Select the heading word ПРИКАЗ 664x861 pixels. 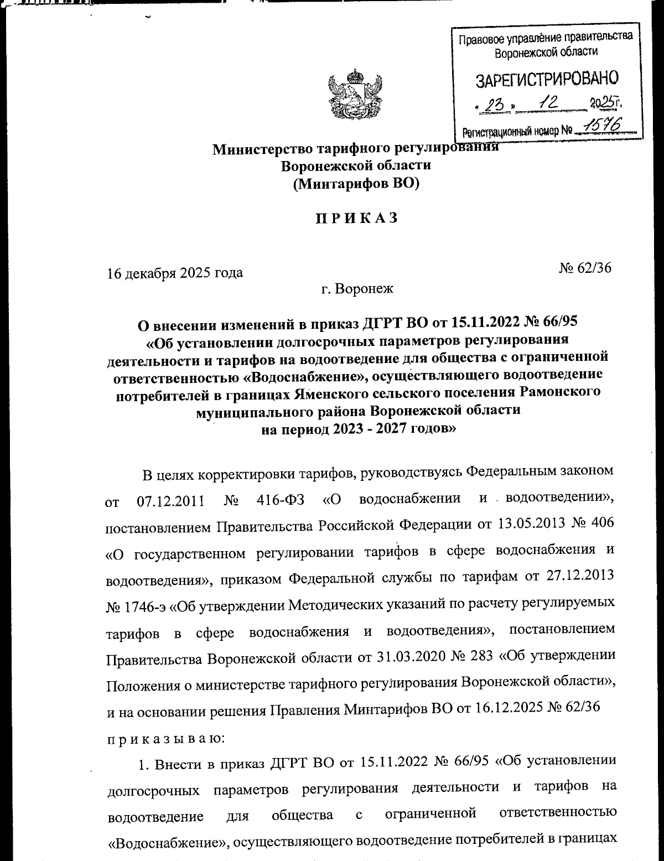(356, 219)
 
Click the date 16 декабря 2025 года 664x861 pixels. (174, 273)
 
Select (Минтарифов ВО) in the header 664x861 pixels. (356, 184)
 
